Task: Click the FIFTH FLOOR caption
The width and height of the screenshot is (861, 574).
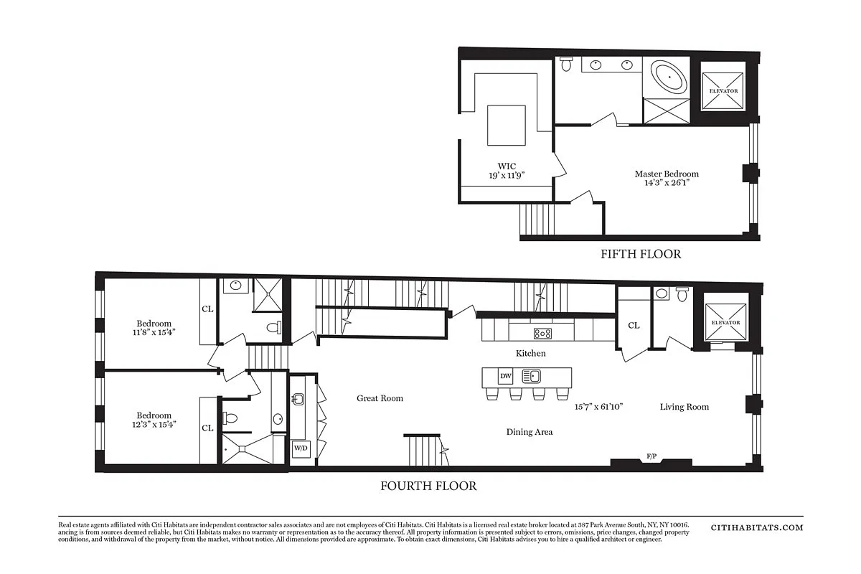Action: point(641,254)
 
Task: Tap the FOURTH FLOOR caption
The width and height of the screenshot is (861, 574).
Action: point(428,486)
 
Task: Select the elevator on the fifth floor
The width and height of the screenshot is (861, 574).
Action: point(723,91)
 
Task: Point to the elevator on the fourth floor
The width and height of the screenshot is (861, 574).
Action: point(725,323)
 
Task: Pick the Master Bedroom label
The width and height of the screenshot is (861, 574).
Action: point(667,174)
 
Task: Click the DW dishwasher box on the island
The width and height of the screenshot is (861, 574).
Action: point(506,375)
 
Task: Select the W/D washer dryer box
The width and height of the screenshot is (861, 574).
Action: point(300,448)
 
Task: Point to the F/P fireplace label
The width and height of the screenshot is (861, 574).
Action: point(651,456)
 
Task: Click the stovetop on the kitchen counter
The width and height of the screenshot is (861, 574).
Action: point(542,333)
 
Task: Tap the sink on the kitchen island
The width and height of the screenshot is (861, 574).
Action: point(531,376)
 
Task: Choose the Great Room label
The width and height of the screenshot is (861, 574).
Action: point(380,398)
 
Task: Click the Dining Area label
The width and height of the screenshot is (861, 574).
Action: point(530,432)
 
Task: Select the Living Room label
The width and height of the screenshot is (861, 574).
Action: point(684,407)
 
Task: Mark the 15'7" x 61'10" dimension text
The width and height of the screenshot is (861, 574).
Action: point(598,406)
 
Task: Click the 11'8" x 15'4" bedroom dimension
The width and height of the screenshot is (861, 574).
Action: point(154,333)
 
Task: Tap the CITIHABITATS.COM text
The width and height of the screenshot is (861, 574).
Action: point(757,527)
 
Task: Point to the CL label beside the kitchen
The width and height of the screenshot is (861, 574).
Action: point(634,326)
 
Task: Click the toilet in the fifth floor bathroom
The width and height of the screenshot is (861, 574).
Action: point(565,65)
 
